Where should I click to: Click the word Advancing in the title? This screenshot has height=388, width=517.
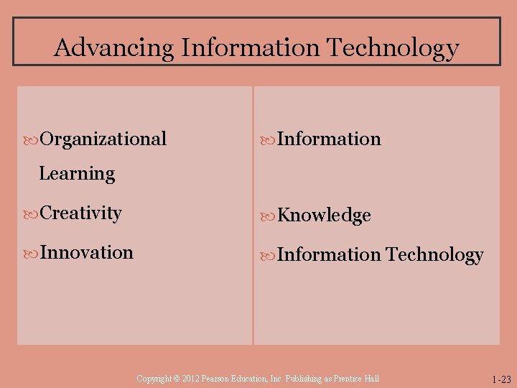click(x=114, y=48)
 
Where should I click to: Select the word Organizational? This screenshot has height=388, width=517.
click(x=103, y=139)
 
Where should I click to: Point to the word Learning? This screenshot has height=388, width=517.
click(x=77, y=174)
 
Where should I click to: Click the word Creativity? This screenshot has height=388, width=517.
click(x=81, y=213)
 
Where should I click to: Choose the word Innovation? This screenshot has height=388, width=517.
click(x=87, y=253)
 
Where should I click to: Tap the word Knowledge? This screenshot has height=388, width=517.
click(x=324, y=216)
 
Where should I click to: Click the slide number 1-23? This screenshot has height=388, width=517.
click(x=502, y=379)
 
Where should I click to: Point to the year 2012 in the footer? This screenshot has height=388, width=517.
click(x=188, y=379)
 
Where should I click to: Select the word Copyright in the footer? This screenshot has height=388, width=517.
click(x=152, y=379)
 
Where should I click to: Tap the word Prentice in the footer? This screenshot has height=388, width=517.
click(x=348, y=379)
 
